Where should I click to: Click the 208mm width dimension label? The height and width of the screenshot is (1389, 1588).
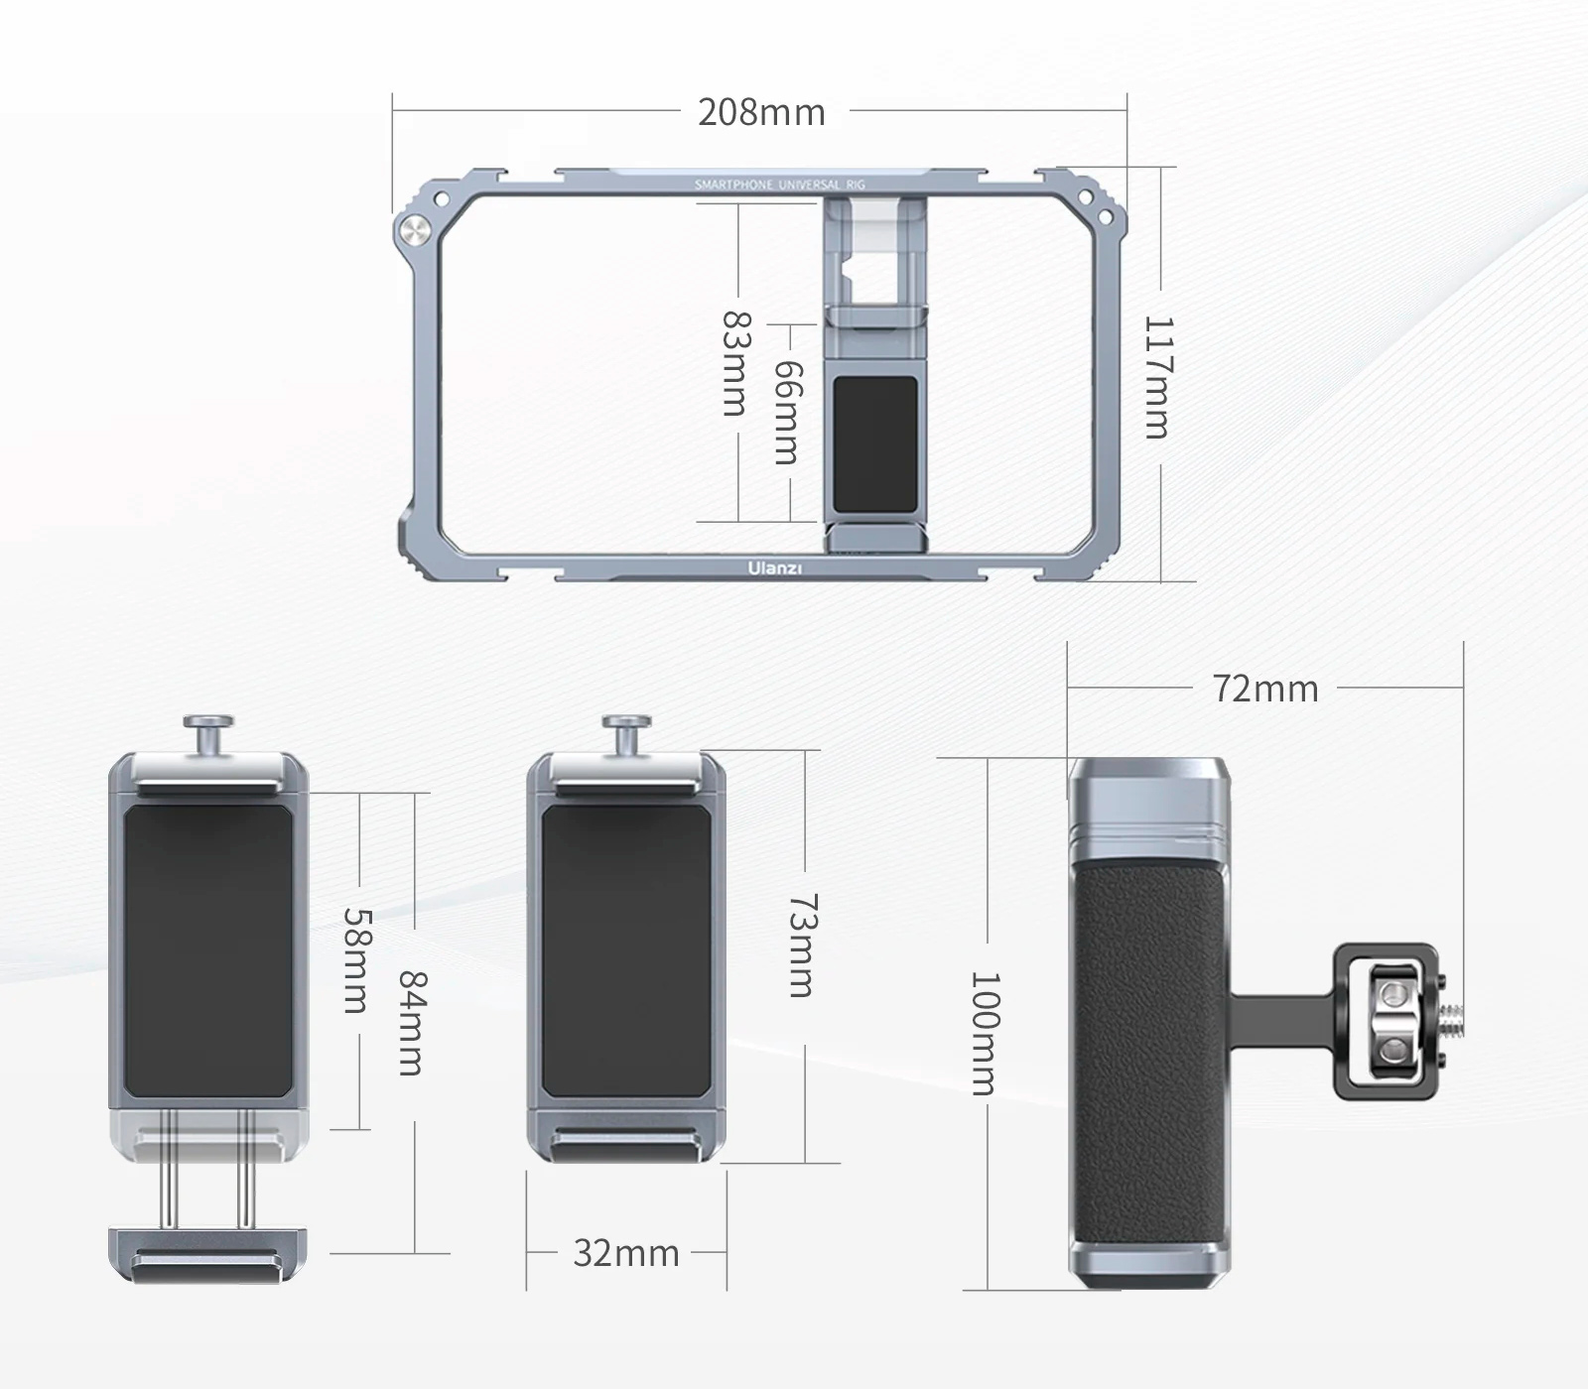[761, 112]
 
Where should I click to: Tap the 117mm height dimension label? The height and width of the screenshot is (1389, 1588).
[1158, 377]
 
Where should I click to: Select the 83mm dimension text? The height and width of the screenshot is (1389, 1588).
[736, 363]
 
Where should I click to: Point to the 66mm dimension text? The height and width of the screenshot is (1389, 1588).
[787, 412]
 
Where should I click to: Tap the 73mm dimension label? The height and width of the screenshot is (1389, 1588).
[802, 946]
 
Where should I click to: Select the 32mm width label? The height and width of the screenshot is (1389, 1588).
[625, 1253]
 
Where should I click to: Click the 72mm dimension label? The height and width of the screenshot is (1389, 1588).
[1265, 689]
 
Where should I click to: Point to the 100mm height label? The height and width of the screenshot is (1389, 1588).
[985, 1033]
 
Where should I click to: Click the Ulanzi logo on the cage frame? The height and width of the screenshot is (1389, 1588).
[775, 568]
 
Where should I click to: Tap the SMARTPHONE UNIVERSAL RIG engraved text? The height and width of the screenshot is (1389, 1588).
[780, 185]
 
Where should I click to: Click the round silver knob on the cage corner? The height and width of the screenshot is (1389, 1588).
[414, 232]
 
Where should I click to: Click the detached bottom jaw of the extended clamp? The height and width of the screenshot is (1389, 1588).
[207, 1254]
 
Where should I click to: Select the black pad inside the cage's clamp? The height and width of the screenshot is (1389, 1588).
[874, 442]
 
